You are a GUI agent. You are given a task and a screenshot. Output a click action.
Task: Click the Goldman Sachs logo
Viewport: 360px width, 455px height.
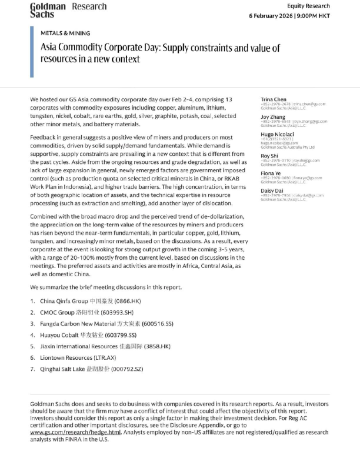point(48,10)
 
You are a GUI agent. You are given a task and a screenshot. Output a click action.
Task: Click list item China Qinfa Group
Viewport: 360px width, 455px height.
point(83,301)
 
